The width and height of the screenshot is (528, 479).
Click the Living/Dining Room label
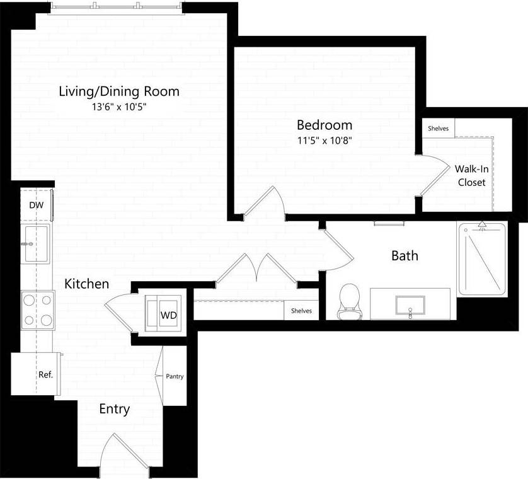(118, 91)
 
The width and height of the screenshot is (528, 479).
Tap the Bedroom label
(324, 125)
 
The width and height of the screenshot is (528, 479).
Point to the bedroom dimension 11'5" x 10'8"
(324, 141)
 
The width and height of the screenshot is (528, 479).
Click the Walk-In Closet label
(471, 175)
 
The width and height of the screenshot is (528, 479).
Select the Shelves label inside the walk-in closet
(438, 128)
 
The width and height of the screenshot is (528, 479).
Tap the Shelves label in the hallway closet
(301, 311)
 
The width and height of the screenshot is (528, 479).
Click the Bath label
(405, 256)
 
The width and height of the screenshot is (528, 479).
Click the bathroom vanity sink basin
(410, 305)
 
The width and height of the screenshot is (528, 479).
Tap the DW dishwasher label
(36, 205)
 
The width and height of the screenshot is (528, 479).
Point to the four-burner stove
(37, 309)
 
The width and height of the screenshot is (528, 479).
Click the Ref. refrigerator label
(46, 374)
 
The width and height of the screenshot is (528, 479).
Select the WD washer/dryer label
(168, 314)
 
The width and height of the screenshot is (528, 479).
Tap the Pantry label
(175, 376)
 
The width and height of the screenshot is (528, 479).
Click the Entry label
(115, 410)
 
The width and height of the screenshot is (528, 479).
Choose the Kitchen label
(86, 284)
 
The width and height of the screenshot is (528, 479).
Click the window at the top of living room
(117, 6)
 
